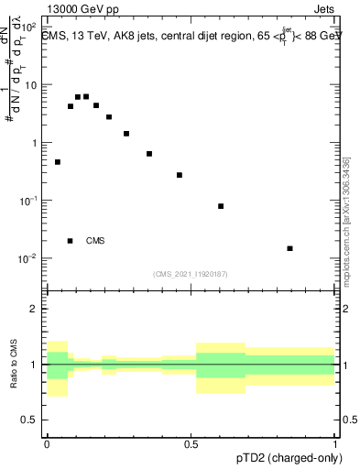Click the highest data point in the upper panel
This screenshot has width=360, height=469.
(x=86, y=96)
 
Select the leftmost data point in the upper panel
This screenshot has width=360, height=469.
(x=58, y=162)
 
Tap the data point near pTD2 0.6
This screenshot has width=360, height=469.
(x=221, y=206)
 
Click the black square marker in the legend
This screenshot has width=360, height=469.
(x=71, y=241)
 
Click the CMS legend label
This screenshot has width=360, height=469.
(x=95, y=241)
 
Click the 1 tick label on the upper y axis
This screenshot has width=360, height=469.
(x=33, y=143)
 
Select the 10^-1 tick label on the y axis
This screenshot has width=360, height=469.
(x=28, y=201)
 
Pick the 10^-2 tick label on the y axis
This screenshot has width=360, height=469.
(x=28, y=258)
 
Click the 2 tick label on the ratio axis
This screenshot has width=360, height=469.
(x=34, y=309)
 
